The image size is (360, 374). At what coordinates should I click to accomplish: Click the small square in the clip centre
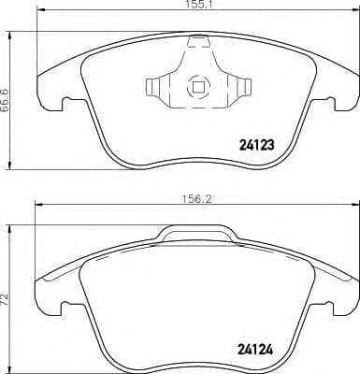[x=197, y=89]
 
